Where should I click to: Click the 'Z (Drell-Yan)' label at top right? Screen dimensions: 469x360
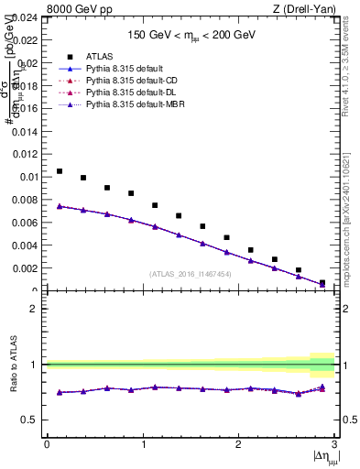[x=301, y=8]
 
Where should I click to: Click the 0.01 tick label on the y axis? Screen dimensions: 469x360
[x=28, y=177]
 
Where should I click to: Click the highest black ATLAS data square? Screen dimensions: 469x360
[x=60, y=171]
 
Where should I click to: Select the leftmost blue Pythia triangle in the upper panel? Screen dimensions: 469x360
[x=60, y=206]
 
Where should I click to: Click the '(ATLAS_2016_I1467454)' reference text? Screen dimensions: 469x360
[x=191, y=274]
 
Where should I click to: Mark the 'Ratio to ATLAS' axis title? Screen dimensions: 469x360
[x=13, y=364]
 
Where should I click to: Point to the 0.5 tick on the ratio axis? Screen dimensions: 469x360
[x=32, y=420]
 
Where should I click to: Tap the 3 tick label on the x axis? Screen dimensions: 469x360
[x=334, y=444]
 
